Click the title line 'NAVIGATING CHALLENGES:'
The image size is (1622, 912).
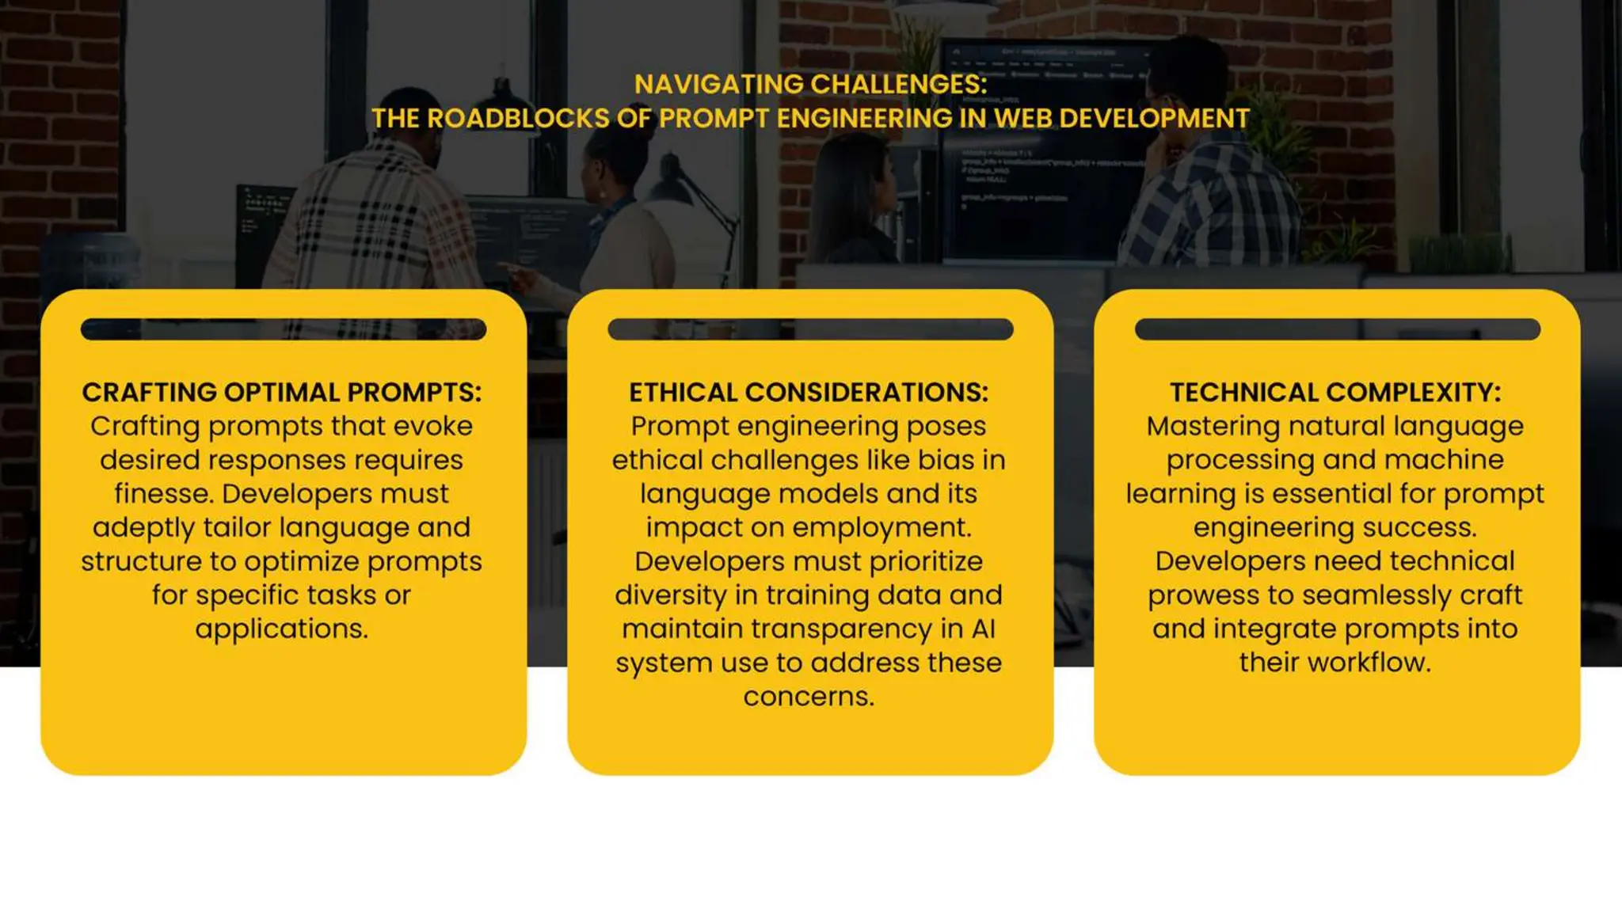pyautogui.click(x=810, y=84)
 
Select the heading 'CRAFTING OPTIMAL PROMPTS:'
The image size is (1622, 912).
pyautogui.click(x=281, y=393)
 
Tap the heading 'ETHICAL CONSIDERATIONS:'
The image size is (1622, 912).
pyautogui.click(x=809, y=393)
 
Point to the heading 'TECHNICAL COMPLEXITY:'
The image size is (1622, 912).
pyautogui.click(x=1335, y=393)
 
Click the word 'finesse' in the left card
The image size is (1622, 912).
pyautogui.click(x=162, y=494)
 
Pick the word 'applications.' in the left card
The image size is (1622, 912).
pyautogui.click(x=281, y=629)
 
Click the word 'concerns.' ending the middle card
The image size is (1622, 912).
pyautogui.click(x=809, y=697)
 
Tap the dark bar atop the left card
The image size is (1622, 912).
pyautogui.click(x=284, y=329)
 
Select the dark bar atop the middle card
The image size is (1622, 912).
pyautogui.click(x=810, y=329)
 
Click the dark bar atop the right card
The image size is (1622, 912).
pyautogui.click(x=1337, y=329)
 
